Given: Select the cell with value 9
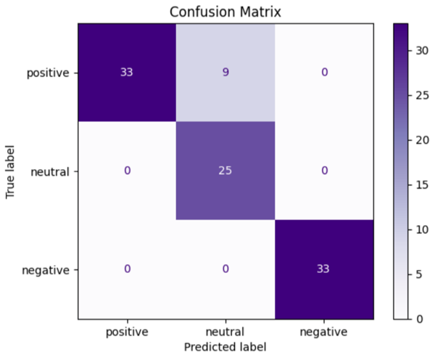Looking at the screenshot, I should pyautogui.click(x=225, y=73).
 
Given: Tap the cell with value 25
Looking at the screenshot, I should pyautogui.click(x=225, y=171).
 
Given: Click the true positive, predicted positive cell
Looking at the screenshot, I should pyautogui.click(x=127, y=73).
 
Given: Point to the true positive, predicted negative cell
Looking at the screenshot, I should pyautogui.click(x=324, y=73).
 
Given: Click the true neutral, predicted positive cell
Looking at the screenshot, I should pyautogui.click(x=127, y=171).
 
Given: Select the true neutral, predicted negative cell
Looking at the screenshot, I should pyautogui.click(x=324, y=171).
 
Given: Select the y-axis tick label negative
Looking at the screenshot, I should pyautogui.click(x=46, y=271).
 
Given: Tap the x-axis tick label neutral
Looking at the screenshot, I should pyautogui.click(x=225, y=332).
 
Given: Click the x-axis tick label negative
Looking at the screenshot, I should pyautogui.click(x=324, y=332).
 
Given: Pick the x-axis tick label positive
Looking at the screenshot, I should pyautogui.click(x=127, y=332).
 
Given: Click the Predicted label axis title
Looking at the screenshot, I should pyautogui.click(x=225, y=347).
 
